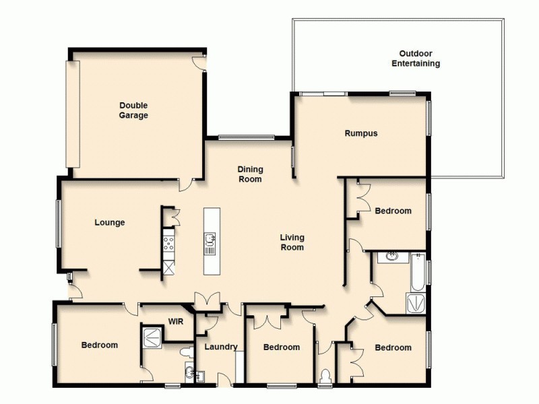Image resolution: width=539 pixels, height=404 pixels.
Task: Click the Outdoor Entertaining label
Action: point(416,59)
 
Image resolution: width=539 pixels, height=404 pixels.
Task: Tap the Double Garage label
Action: point(133,110)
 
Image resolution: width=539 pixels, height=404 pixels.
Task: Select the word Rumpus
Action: point(361,133)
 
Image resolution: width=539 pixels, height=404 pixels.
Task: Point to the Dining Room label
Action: point(250,174)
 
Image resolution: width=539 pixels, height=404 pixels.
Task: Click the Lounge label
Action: point(109,222)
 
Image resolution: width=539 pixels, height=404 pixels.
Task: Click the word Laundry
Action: point(221,347)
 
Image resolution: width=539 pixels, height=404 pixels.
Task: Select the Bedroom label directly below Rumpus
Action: point(393,211)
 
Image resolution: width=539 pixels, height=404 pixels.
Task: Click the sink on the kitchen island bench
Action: point(210,238)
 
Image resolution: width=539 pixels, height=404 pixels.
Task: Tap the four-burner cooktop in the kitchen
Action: point(168,241)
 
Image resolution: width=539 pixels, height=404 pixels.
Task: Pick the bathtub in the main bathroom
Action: point(418,276)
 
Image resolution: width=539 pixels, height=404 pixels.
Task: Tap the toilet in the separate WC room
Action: point(325,374)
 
